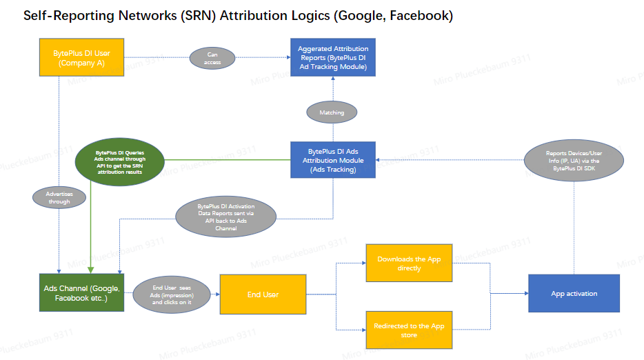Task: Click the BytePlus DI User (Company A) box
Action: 82,58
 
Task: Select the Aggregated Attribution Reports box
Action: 333,58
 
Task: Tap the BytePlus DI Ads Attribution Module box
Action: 333,160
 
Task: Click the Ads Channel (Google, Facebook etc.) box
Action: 82,293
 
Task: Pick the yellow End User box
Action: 263,294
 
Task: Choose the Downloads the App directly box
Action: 409,263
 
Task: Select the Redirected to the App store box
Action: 409,330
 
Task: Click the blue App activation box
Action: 574,294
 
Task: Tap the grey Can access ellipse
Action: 212,58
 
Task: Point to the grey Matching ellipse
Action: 332,112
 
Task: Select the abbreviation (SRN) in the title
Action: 198,16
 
